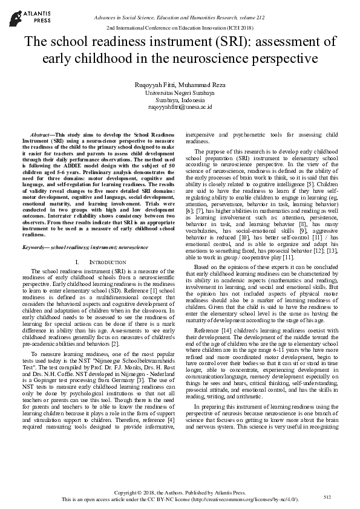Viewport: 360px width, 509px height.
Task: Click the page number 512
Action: pos(328,497)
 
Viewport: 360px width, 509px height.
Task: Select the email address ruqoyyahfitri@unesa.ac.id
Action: pos(180,106)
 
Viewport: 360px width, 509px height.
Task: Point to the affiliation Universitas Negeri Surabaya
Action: pos(180,93)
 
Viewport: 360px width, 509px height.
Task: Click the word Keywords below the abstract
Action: pos(36,247)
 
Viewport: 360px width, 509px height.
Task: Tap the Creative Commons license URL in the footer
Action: pos(244,500)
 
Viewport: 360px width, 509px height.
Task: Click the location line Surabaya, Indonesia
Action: pos(180,100)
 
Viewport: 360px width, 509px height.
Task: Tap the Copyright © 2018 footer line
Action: pos(180,493)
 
